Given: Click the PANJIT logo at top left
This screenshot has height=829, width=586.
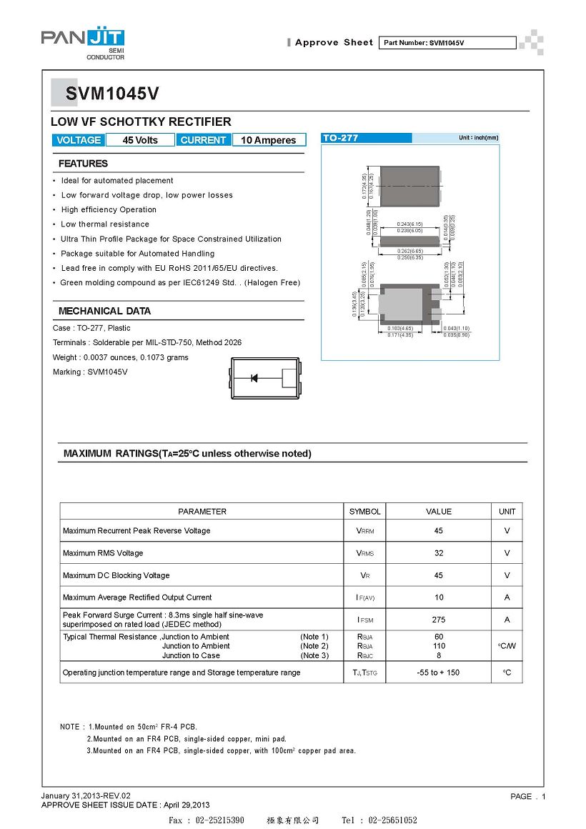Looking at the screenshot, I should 82,41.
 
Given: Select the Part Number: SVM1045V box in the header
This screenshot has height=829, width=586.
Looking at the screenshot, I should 446,43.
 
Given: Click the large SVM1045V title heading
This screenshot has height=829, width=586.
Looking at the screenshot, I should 112,94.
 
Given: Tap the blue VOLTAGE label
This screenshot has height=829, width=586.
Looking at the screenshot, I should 79,140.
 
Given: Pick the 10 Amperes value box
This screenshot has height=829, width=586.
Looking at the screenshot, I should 269,140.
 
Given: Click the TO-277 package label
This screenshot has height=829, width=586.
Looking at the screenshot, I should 340,138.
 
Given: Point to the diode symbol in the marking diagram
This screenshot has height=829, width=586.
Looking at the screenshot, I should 254,378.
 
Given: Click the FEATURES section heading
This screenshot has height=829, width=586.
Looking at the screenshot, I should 83,164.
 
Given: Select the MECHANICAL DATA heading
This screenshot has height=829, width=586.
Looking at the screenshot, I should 104,311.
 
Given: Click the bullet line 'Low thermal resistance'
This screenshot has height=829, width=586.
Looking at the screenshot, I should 105,224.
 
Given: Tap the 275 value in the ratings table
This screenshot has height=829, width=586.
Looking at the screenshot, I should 439,620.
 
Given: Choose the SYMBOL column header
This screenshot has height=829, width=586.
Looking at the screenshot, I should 365,512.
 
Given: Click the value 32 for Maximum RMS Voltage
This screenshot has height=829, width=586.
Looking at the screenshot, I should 439,553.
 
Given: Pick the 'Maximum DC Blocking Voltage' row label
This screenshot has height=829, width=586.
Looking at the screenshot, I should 116,575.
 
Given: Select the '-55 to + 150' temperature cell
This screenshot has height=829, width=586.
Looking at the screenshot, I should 439,672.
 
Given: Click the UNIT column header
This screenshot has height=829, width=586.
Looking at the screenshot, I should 507,512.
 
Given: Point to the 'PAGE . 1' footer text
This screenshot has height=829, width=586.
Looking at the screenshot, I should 528,796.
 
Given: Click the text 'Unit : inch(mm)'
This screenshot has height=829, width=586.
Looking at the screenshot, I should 478,138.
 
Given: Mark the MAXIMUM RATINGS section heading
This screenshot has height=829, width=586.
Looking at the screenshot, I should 187,454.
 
